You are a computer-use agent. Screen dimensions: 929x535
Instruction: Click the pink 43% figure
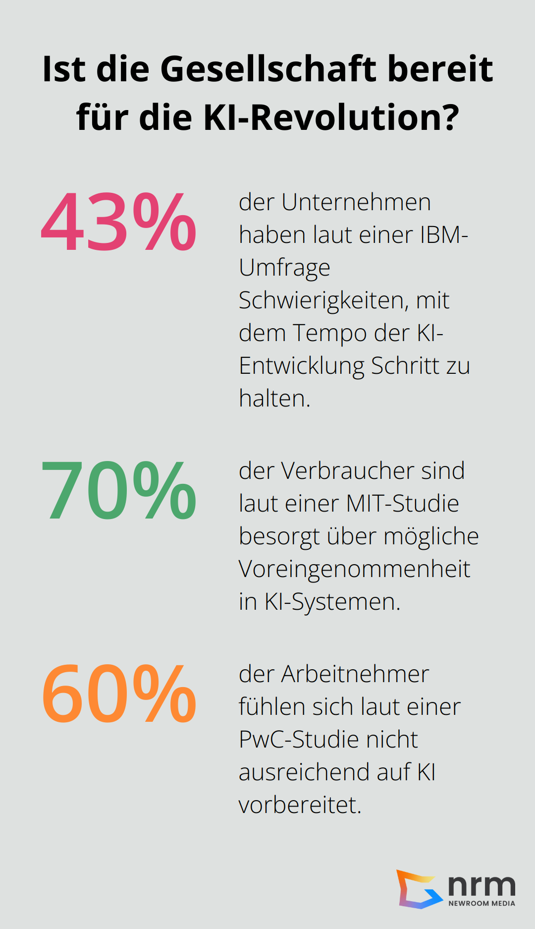pyautogui.click(x=119, y=222)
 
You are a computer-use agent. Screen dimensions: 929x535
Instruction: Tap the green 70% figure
pyautogui.click(x=119, y=490)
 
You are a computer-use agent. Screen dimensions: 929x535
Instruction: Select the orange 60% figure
pyautogui.click(x=119, y=694)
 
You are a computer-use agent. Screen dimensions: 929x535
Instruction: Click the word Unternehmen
pyautogui.click(x=356, y=202)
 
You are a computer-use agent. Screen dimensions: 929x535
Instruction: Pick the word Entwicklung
pyautogui.click(x=302, y=366)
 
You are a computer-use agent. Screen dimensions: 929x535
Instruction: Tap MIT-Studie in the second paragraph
pyautogui.click(x=402, y=504)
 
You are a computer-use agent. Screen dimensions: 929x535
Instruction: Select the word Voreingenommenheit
pyautogui.click(x=354, y=569)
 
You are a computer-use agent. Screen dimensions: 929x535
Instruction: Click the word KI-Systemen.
pyautogui.click(x=332, y=602)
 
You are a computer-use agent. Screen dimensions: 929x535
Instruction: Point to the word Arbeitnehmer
pyautogui.click(x=355, y=674)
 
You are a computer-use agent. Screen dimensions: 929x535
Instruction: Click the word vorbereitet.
pyautogui.click(x=300, y=805)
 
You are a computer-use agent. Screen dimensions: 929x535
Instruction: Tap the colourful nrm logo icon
pyautogui.click(x=419, y=889)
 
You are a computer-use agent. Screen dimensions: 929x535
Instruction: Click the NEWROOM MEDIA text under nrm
pyautogui.click(x=481, y=903)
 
